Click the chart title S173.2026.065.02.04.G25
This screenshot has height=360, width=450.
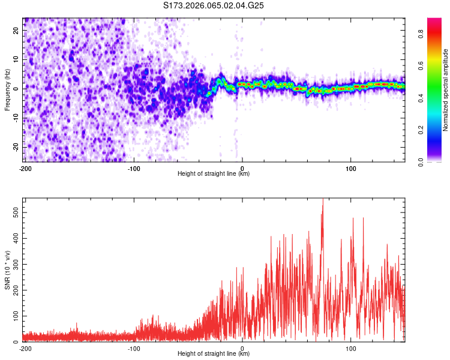[214, 5]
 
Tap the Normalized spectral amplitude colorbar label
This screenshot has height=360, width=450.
[446, 90]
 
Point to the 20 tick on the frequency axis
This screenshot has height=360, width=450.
[16, 29]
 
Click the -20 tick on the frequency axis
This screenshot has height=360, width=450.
[15, 147]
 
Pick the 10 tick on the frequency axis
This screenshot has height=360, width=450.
[16, 59]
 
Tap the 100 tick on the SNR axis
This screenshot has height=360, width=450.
[14, 316]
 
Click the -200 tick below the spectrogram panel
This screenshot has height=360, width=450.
[25, 169]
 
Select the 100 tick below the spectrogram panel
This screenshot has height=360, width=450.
[351, 169]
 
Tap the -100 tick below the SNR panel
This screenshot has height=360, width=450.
[133, 349]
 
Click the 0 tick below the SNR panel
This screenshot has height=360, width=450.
[242, 349]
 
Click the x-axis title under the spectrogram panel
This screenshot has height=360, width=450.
[214, 174]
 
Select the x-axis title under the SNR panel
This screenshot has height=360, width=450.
[214, 354]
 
